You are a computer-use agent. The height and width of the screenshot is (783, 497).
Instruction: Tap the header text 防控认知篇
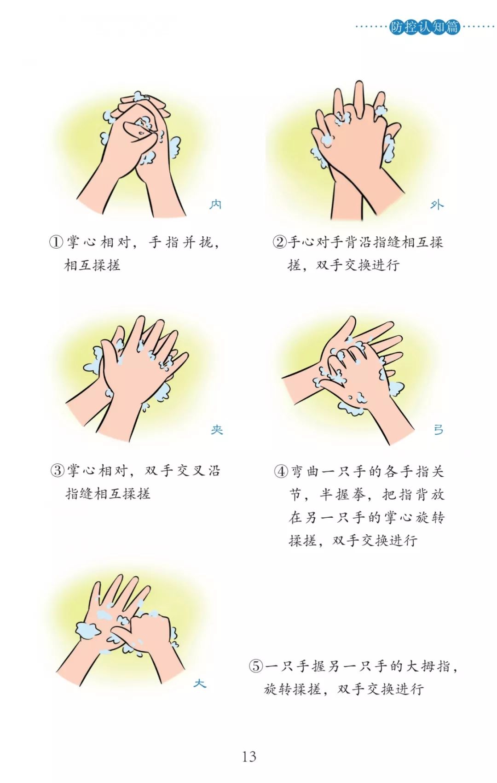point(424,27)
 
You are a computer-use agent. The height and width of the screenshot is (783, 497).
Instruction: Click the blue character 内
point(215,204)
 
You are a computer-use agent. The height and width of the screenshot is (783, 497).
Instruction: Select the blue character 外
point(437,205)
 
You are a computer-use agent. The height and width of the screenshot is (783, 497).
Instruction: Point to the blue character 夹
point(217,430)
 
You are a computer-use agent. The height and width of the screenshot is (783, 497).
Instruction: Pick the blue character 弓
point(438,430)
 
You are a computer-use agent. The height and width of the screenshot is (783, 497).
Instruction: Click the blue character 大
point(200,683)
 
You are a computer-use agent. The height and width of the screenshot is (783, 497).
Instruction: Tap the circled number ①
point(56,242)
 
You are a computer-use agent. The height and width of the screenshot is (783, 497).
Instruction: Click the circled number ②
point(279,242)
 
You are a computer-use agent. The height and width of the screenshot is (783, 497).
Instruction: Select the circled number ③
point(57,471)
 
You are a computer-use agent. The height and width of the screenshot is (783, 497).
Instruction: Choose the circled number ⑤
point(256,666)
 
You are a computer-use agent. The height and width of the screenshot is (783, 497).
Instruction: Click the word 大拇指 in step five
point(426,666)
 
